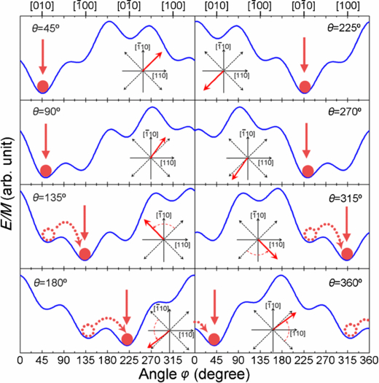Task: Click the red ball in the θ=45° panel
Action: (43, 86)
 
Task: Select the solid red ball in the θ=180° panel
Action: (128, 338)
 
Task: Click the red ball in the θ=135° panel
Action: (85, 254)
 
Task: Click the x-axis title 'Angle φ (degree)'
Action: (195, 375)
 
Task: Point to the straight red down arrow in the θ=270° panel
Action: (307, 142)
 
